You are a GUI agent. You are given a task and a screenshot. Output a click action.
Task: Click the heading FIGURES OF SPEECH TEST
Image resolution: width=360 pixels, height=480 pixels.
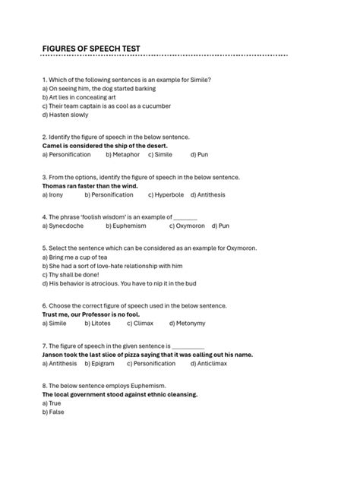(91, 49)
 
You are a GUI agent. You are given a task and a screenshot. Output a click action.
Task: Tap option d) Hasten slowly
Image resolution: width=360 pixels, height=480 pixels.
(65, 115)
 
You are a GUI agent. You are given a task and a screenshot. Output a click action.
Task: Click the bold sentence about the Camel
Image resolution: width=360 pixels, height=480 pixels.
(105, 145)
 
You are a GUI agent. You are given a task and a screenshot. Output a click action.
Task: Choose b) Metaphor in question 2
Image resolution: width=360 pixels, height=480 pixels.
(123, 154)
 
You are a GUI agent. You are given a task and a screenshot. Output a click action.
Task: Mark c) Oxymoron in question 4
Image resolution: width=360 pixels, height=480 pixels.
(188, 226)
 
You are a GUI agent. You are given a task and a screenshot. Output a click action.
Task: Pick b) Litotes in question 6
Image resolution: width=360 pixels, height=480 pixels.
(97, 323)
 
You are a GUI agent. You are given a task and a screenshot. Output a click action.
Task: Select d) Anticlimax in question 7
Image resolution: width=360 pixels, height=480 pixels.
(215, 363)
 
